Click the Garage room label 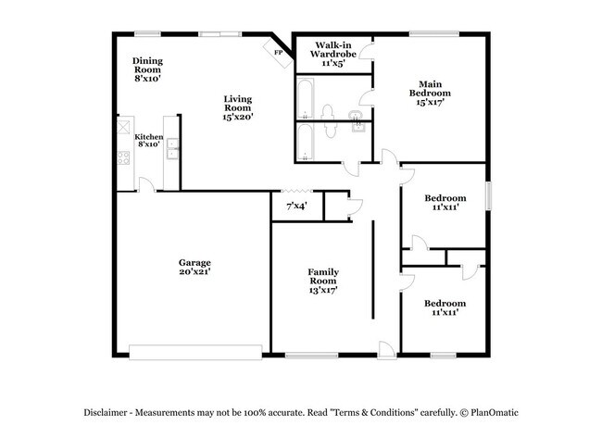[x=194, y=262]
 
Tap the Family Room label [x=322, y=276]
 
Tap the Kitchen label [x=149, y=137]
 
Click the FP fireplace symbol [x=278, y=53]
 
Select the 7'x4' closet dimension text [x=295, y=205]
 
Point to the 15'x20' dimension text [x=238, y=117]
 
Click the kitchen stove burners [x=122, y=156]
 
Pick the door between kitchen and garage [x=146, y=185]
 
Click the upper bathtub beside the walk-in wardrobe [x=307, y=97]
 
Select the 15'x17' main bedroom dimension [x=430, y=103]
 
